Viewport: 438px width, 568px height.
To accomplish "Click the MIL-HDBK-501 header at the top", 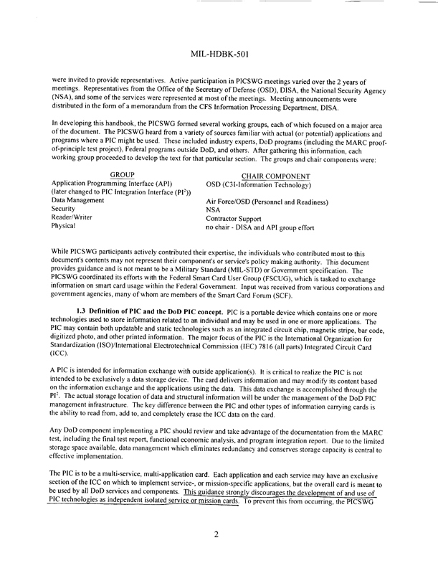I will (220, 54).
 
